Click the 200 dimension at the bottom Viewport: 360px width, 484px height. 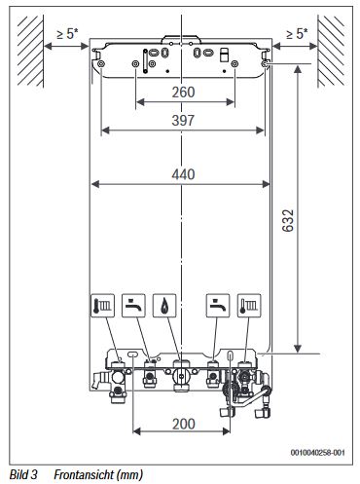point(180,425)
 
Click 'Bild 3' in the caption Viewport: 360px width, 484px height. point(20,475)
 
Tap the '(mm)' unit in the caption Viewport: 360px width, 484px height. point(128,475)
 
